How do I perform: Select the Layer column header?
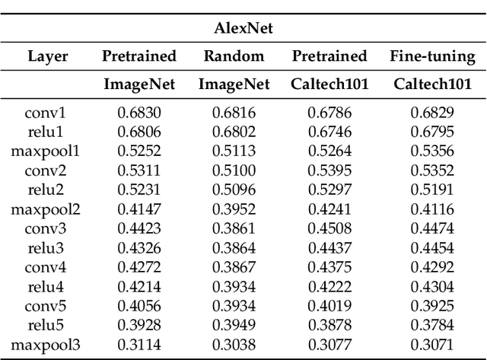[48, 56]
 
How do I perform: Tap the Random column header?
[234, 56]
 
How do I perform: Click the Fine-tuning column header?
[432, 56]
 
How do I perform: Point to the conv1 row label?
[46, 113]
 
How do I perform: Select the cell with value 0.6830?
[139, 113]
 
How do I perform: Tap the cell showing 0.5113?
[234, 150]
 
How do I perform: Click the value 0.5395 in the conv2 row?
[329, 169]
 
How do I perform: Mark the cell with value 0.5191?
[432, 187]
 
